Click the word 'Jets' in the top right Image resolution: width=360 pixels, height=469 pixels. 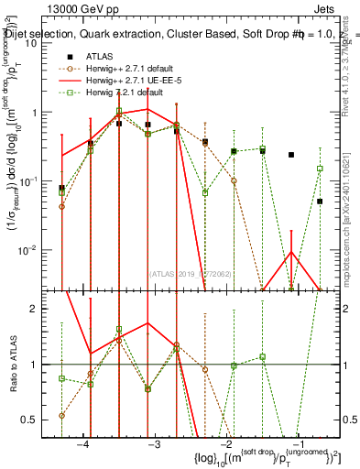(324, 7)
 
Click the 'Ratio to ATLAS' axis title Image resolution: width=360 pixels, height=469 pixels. (16, 364)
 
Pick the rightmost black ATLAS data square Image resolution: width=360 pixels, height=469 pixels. (320, 202)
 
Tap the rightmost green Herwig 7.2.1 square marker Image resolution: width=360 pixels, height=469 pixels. (320, 169)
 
